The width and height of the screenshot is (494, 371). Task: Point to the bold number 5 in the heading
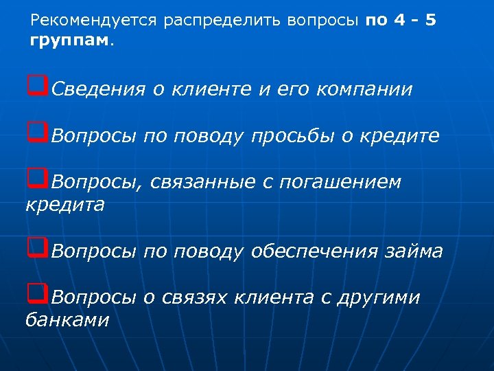click(430, 21)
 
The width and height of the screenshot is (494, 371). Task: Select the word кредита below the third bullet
click(64, 205)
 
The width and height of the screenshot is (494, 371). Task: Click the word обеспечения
click(314, 252)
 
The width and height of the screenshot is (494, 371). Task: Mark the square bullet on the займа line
click(37, 249)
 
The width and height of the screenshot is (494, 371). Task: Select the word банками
click(67, 319)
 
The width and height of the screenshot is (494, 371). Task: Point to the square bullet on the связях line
click(37, 296)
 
